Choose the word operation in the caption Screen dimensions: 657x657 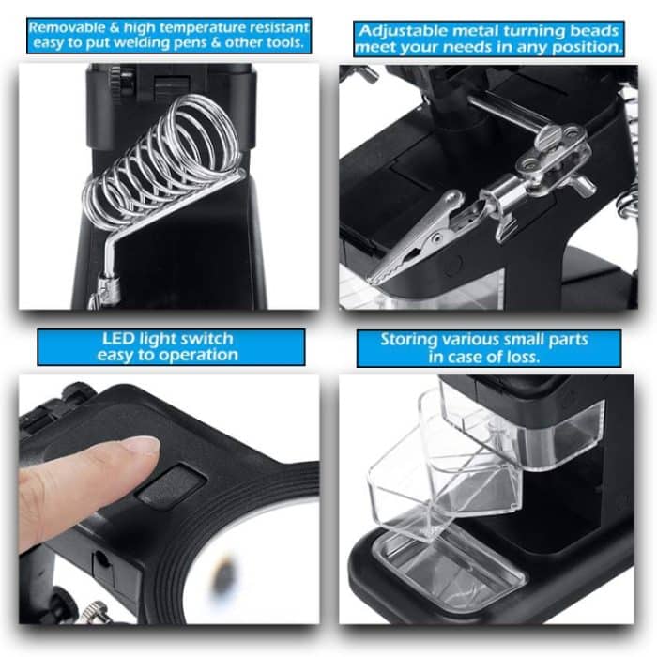click(x=197, y=355)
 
